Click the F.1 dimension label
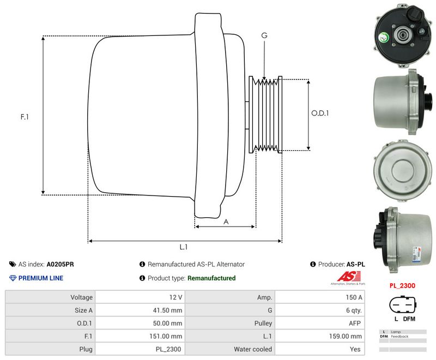24,117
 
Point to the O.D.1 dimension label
320,113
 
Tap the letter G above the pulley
264,35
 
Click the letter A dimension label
226,221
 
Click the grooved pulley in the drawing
265,114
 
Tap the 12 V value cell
176,297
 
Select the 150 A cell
353,297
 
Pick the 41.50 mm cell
168,310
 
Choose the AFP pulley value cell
354,324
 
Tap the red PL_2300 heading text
402,285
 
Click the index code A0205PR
60,264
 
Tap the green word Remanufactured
211,278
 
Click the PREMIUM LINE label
41,278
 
